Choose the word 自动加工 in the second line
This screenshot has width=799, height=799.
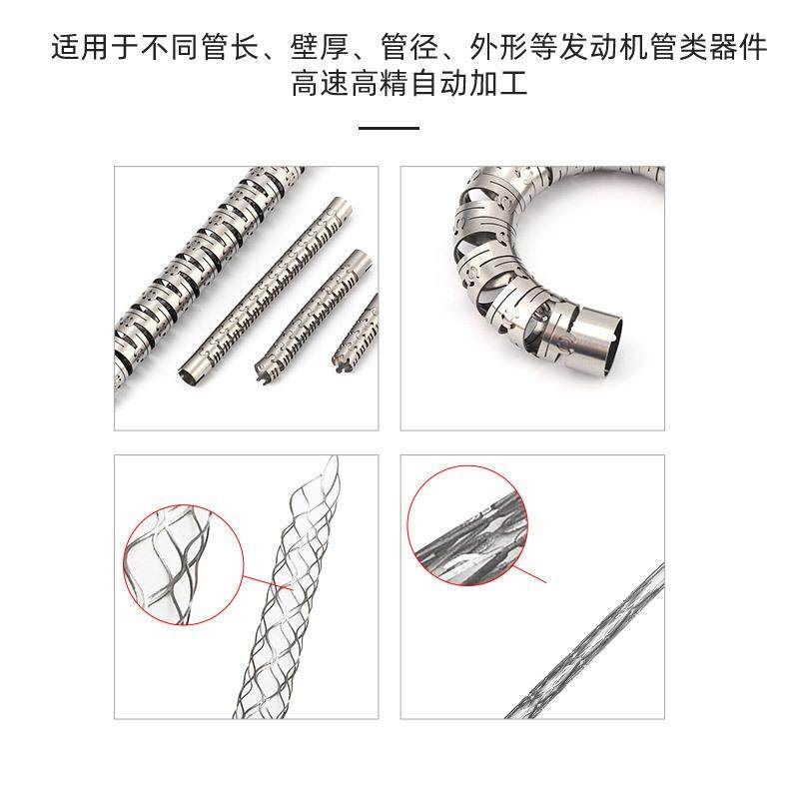[468, 85]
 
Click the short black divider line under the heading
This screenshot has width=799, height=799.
[389, 128]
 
